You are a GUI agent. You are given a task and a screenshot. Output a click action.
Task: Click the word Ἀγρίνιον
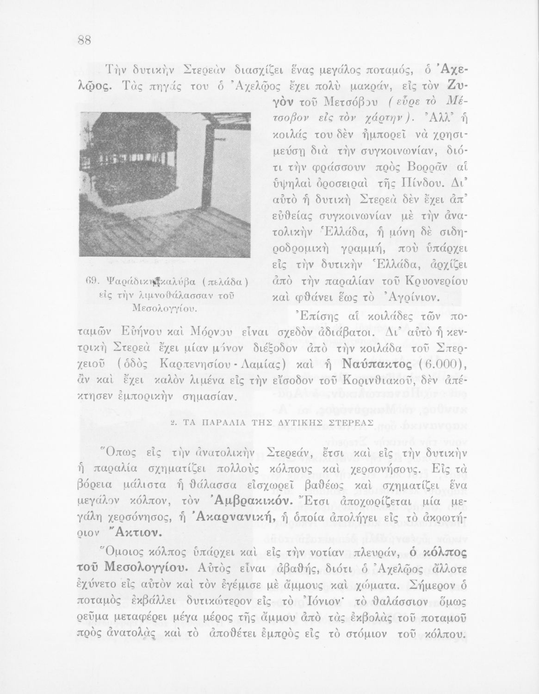(x=411, y=297)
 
